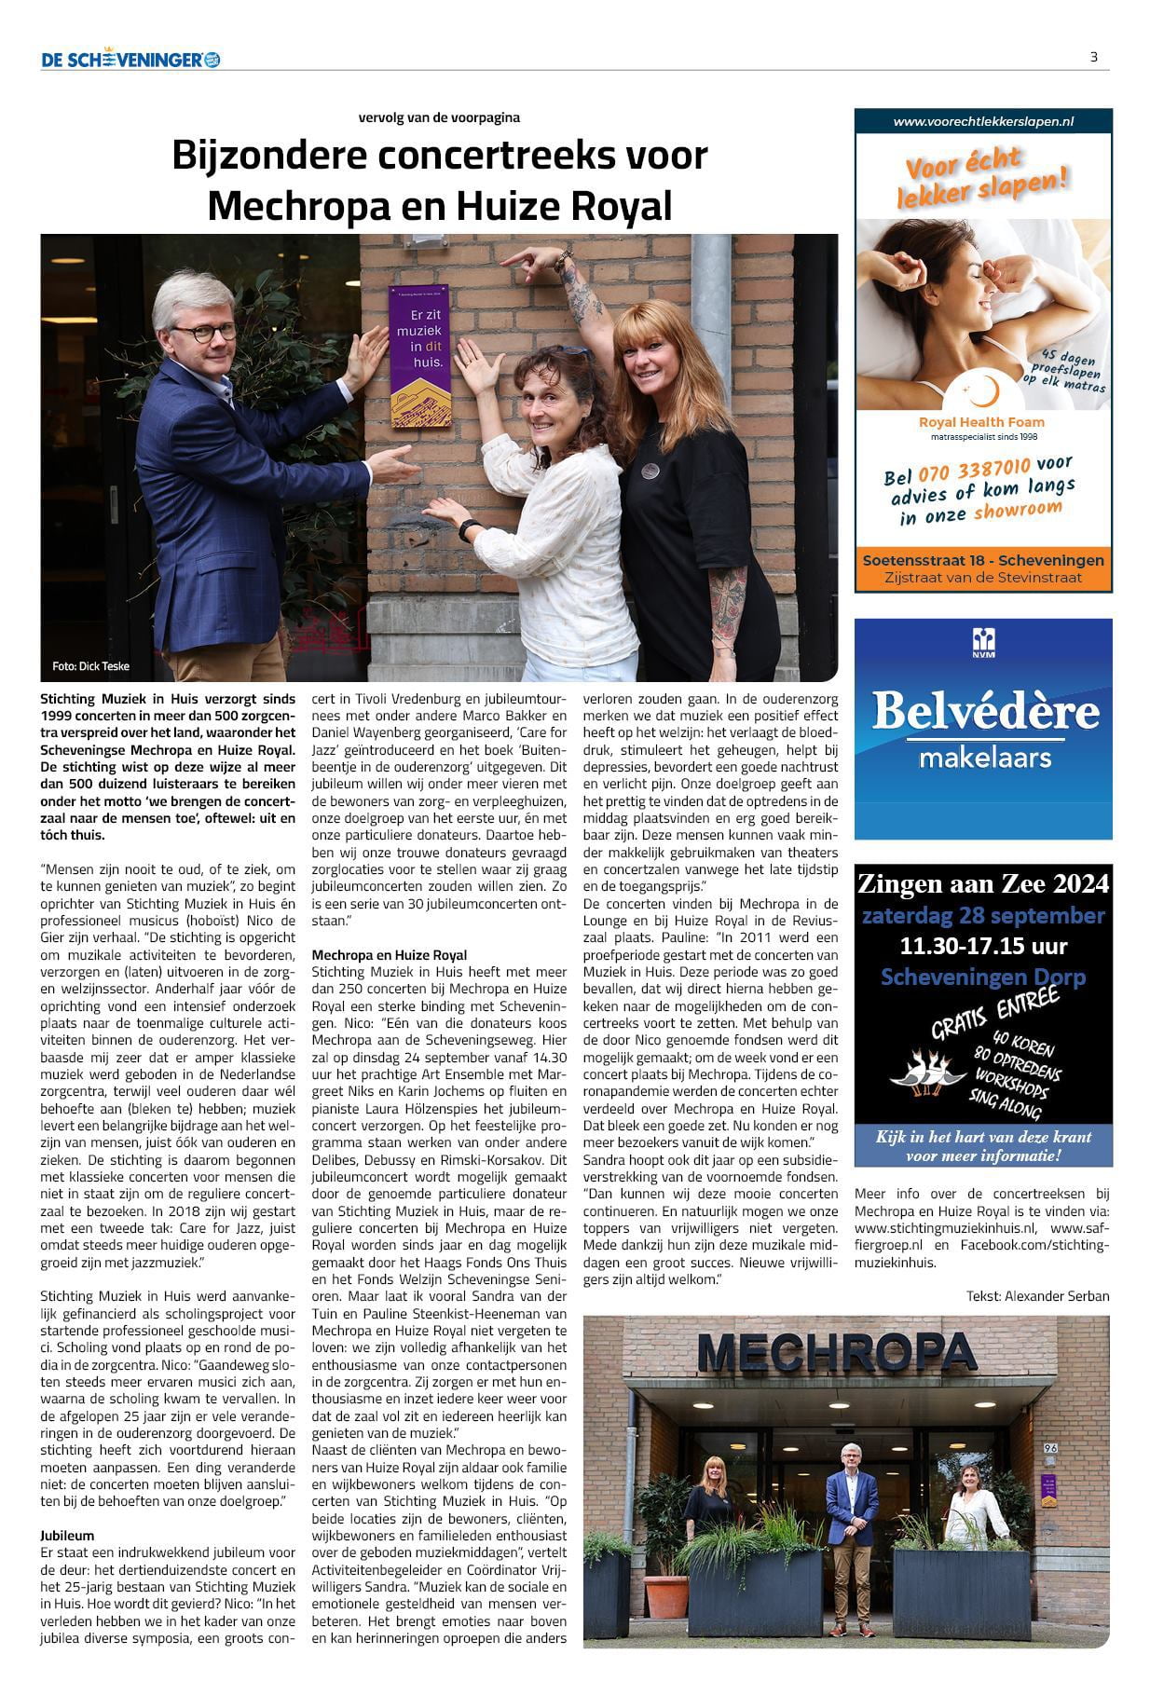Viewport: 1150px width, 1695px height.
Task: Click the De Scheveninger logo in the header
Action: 130,60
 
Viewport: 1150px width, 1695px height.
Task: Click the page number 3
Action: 1093,57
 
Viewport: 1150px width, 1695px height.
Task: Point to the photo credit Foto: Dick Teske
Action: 91,666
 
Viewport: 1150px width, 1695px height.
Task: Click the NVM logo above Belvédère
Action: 983,641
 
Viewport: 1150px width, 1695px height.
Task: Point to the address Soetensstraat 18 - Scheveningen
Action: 983,560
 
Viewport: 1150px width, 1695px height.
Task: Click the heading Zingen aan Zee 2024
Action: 983,882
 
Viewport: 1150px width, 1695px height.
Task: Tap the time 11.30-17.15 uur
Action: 983,946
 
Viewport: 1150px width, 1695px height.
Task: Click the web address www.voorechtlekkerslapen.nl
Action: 983,121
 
